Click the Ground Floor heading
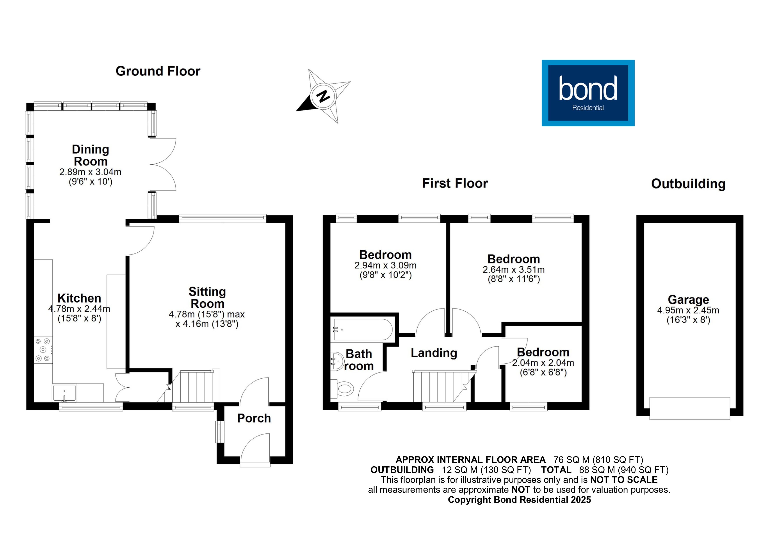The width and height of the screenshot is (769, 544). pyautogui.click(x=158, y=71)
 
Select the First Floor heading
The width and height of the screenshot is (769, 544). pyautogui.click(x=455, y=183)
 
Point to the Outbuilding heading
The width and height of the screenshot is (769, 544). pyautogui.click(x=688, y=184)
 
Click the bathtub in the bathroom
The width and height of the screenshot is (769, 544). pyautogui.click(x=363, y=329)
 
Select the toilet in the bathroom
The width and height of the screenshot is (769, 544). pyautogui.click(x=343, y=389)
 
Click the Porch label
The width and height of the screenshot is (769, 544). pyautogui.click(x=254, y=418)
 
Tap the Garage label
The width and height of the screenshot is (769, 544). pyautogui.click(x=688, y=299)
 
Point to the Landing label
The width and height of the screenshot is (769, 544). pyautogui.click(x=434, y=353)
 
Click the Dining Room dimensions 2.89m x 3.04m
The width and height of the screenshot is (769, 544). pyautogui.click(x=91, y=172)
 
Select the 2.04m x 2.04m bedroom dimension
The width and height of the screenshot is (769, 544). pyautogui.click(x=543, y=363)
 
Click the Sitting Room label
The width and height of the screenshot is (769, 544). pyautogui.click(x=207, y=298)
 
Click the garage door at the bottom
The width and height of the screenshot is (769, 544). pyautogui.click(x=690, y=408)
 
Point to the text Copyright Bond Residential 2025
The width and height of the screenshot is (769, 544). pyautogui.click(x=520, y=500)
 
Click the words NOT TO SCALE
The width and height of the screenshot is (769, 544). pyautogui.click(x=624, y=480)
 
